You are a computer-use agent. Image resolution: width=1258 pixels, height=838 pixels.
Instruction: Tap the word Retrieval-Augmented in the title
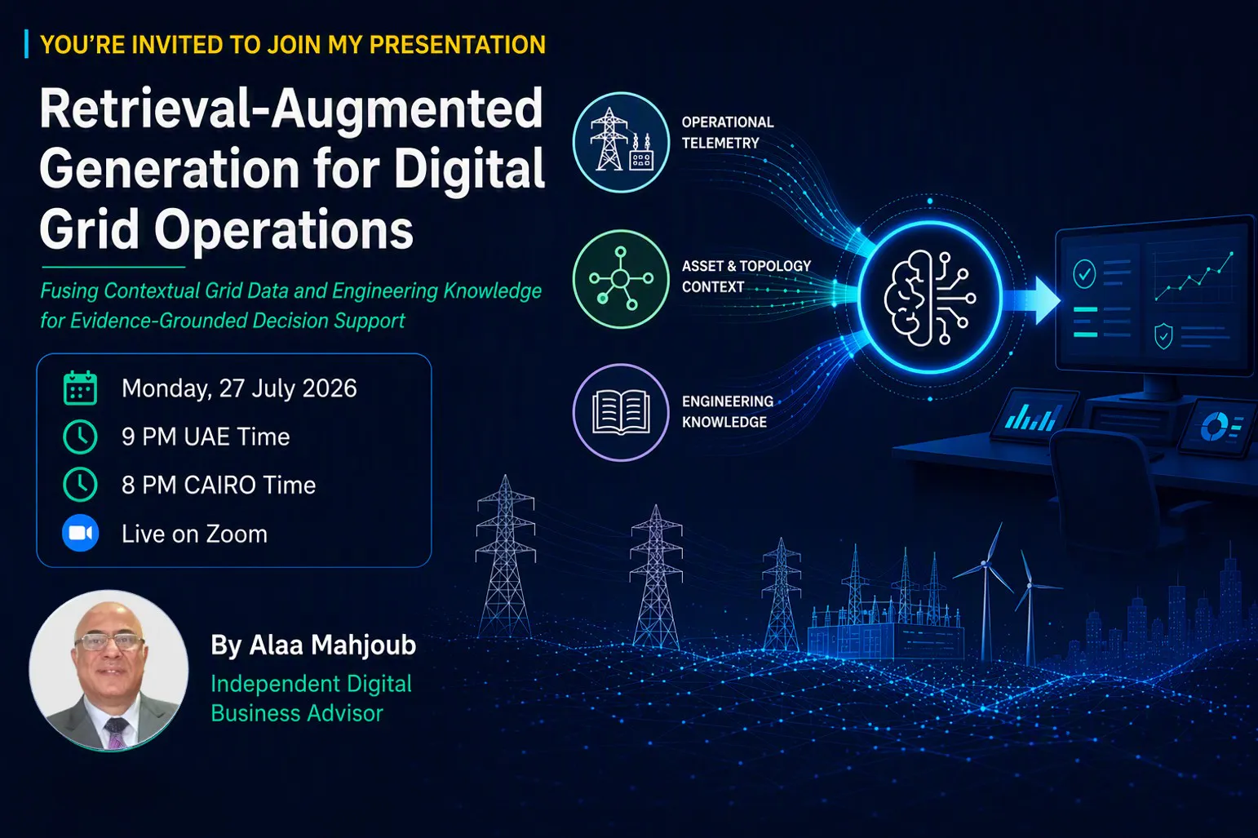291,109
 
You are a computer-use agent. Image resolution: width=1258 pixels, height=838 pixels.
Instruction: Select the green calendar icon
80,388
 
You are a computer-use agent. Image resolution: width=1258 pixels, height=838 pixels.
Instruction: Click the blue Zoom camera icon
80,533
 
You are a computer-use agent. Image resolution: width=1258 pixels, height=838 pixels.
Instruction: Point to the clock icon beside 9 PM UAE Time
80,437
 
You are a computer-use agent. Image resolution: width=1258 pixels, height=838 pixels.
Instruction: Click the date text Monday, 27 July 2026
239,388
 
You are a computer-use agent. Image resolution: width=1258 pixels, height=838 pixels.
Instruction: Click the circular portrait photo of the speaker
109,670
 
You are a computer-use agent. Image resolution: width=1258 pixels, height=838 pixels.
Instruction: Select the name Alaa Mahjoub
333,645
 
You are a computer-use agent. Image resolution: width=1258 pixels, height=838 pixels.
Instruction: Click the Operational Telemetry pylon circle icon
621,142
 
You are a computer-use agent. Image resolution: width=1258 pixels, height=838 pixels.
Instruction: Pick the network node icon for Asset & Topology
621,278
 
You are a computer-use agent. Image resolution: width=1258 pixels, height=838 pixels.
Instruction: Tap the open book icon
621,412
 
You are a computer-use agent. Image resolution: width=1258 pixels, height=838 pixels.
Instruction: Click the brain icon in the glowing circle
930,298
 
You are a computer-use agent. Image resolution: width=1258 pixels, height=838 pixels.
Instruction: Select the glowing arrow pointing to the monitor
1030,300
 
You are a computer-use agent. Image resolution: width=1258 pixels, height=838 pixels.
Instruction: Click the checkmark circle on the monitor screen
1084,274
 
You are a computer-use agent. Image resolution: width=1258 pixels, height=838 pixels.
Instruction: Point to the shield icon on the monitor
1163,336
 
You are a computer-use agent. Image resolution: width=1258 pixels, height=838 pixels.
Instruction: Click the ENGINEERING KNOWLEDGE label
728,412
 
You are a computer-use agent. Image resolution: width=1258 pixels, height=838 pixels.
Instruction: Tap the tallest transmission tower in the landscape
506,556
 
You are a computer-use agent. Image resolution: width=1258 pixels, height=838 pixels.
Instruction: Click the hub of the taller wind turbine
985,563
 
